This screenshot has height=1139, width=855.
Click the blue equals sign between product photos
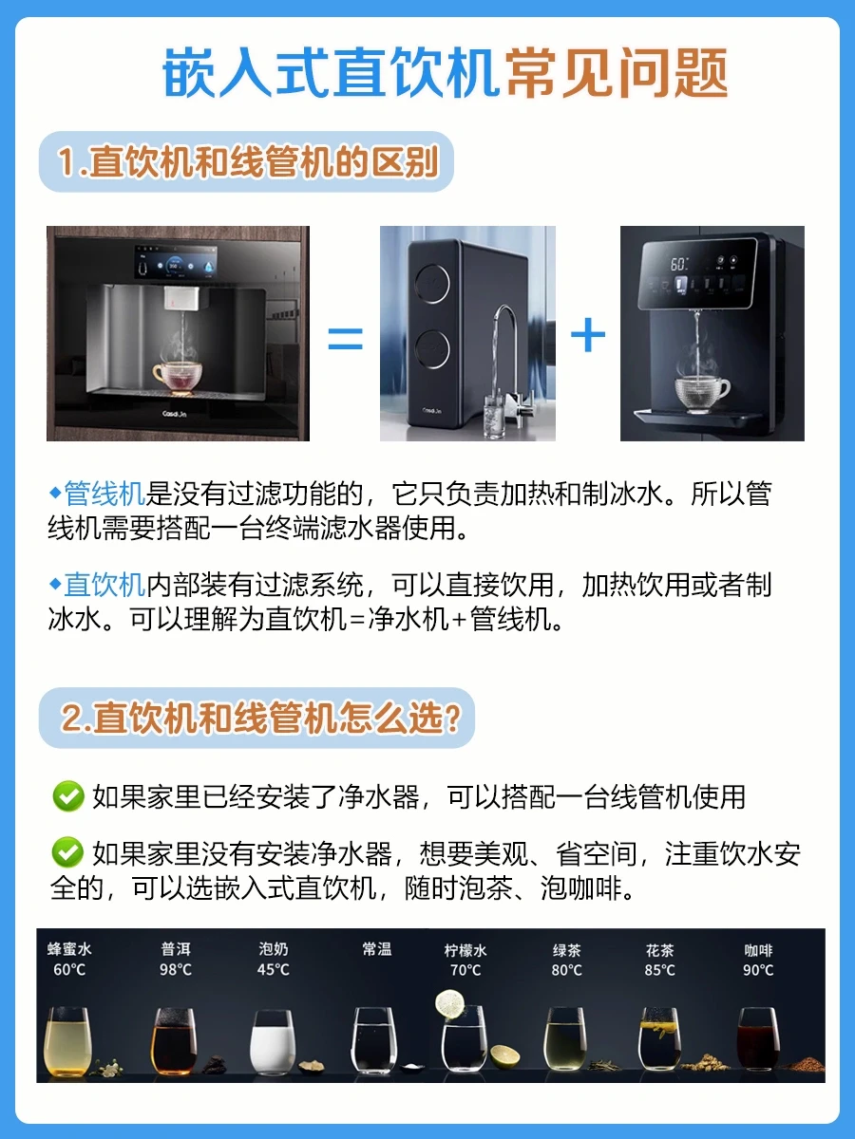coord(345,338)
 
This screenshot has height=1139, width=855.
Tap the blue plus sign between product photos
coord(588,335)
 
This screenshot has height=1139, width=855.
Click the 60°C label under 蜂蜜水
coord(69,969)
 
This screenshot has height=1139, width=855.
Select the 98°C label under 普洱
coord(176,969)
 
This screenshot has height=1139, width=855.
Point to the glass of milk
coord(273,1042)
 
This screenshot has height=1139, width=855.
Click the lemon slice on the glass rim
coord(449,1004)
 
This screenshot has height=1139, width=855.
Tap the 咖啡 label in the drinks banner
coord(758,950)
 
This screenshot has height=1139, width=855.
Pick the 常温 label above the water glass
coord(377,949)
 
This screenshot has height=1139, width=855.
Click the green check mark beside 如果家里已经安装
coord(68,796)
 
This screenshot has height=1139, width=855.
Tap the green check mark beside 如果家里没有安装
coord(67,852)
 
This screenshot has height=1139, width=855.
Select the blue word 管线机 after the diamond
coord(104,493)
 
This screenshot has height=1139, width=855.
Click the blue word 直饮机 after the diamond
coord(104,585)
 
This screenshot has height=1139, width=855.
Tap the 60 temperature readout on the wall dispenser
coord(679,264)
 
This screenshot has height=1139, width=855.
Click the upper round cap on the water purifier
coord(432,283)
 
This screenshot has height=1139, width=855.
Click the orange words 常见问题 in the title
coord(617,73)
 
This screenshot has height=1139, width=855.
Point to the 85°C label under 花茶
coord(660,970)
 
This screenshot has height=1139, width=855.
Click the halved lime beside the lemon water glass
coord(505,1057)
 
